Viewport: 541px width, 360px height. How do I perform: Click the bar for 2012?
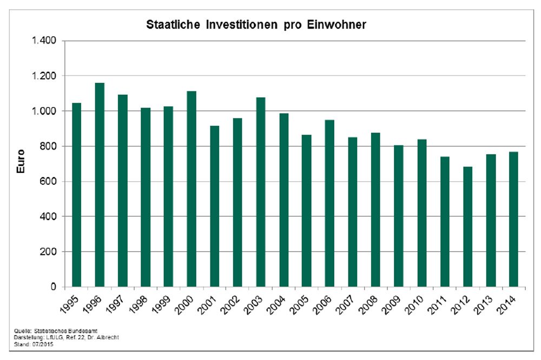468,227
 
